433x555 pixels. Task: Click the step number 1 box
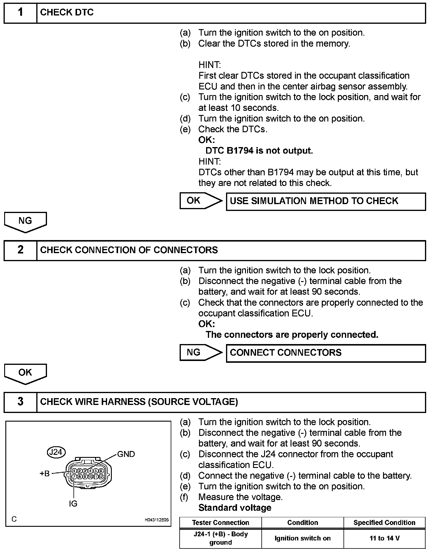click(20, 13)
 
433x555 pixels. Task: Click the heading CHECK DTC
click(67, 12)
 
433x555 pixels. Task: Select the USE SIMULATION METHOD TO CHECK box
click(326, 201)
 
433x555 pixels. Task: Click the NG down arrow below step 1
click(25, 221)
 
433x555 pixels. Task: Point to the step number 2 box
click(20, 250)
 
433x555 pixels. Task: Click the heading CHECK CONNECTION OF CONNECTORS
click(129, 250)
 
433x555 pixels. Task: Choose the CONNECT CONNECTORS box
click(326, 353)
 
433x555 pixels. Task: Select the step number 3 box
click(20, 402)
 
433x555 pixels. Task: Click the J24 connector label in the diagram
click(56, 452)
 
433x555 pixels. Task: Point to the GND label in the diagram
click(126, 454)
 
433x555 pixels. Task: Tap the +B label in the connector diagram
click(45, 474)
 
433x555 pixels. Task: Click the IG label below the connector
click(73, 504)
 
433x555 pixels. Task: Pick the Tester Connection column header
click(220, 523)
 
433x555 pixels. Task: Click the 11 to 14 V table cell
click(384, 538)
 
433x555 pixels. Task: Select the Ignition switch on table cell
click(302, 538)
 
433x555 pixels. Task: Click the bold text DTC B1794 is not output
click(259, 151)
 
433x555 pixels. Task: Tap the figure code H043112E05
click(156, 520)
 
